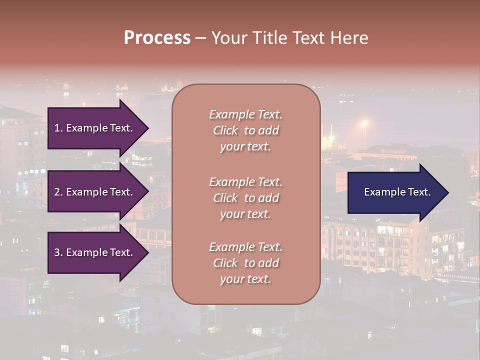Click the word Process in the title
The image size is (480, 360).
(157, 38)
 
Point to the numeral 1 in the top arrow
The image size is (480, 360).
(57, 128)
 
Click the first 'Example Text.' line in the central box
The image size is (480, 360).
(245, 114)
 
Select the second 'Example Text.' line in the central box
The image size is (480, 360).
(245, 182)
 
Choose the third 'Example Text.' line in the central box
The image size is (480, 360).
(245, 247)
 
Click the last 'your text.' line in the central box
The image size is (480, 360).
(245, 279)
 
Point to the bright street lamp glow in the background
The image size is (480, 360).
(364, 122)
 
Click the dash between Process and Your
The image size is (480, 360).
(201, 38)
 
